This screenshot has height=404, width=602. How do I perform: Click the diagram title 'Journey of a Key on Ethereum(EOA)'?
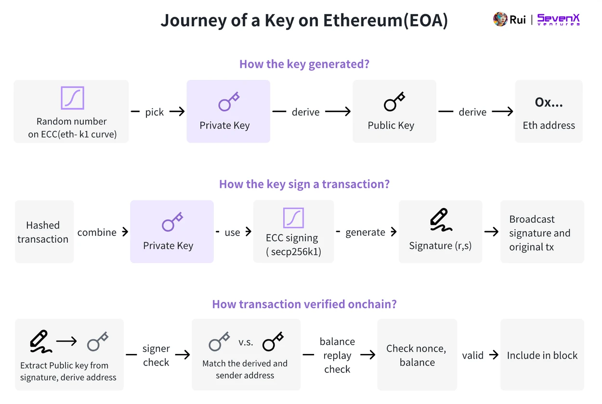pyautogui.click(x=304, y=21)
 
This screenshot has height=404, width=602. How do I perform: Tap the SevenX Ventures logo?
pyautogui.click(x=559, y=20)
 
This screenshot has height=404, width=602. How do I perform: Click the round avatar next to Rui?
pyautogui.click(x=500, y=20)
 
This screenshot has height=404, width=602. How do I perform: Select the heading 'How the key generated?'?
pyautogui.click(x=304, y=64)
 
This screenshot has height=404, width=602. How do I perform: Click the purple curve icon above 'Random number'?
pyautogui.click(x=72, y=98)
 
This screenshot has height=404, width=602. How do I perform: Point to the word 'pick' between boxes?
pyautogui.click(x=155, y=112)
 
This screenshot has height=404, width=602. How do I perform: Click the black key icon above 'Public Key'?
pyautogui.click(x=394, y=102)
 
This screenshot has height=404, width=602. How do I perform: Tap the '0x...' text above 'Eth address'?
pyautogui.click(x=549, y=102)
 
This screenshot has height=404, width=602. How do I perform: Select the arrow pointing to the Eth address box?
pyautogui.click(x=503, y=112)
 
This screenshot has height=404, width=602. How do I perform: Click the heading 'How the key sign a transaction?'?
pyautogui.click(x=304, y=184)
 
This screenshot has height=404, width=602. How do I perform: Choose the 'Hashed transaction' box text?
pyautogui.click(x=43, y=232)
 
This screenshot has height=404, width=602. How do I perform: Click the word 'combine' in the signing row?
pyautogui.click(x=97, y=232)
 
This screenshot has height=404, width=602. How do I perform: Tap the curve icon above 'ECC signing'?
pyautogui.click(x=293, y=218)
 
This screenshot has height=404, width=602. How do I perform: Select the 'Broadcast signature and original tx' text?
pyautogui.click(x=539, y=233)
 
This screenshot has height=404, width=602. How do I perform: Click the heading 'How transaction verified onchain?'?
pyautogui.click(x=304, y=304)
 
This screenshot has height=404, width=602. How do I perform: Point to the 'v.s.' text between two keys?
pyautogui.click(x=246, y=342)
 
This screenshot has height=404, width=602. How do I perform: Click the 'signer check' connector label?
pyautogui.click(x=156, y=355)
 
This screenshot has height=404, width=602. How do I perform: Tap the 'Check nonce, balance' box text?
pyautogui.click(x=417, y=355)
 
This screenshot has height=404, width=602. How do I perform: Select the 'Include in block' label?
pyautogui.click(x=542, y=355)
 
